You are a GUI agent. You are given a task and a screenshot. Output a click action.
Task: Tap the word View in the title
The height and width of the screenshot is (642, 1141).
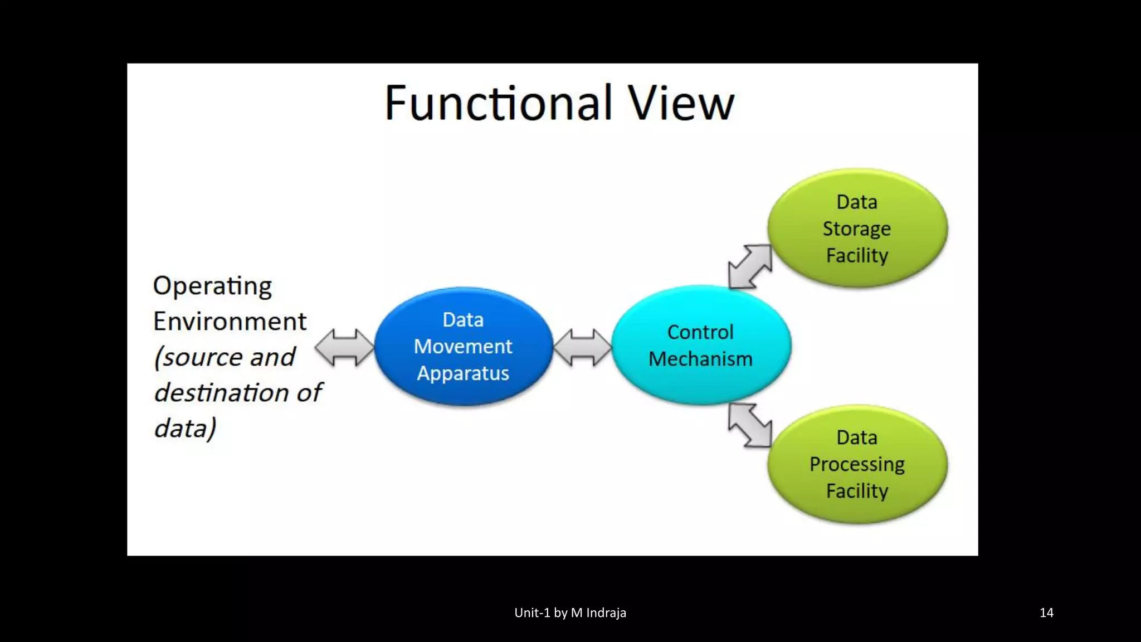click(681, 104)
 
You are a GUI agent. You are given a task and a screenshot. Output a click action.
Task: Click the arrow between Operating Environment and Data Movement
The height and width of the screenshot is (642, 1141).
click(344, 347)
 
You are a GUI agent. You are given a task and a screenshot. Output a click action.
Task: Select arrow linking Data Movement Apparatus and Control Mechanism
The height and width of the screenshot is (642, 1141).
click(583, 347)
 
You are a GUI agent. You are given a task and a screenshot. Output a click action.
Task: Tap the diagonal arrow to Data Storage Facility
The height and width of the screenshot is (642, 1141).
click(750, 266)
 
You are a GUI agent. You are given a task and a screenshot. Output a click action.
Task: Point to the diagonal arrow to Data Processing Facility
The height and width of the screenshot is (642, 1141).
click(750, 425)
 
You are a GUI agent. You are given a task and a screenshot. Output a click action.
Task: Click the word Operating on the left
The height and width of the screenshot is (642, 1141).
click(212, 286)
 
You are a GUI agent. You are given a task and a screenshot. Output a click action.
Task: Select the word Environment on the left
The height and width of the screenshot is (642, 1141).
click(230, 322)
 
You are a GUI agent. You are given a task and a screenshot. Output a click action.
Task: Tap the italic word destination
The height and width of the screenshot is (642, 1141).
click(223, 393)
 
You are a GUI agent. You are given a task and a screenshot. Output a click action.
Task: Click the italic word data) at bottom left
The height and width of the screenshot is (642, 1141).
click(185, 429)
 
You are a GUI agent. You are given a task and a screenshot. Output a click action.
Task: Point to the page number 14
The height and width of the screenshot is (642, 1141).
click(1046, 612)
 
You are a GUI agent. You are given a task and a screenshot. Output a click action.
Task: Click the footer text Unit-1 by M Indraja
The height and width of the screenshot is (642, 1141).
click(570, 612)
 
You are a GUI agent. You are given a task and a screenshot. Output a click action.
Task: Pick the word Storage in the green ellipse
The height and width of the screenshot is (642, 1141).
click(856, 229)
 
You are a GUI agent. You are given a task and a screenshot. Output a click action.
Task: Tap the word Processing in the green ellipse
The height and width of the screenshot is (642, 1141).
click(856, 464)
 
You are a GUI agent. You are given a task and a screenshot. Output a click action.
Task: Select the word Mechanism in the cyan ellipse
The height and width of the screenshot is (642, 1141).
click(700, 359)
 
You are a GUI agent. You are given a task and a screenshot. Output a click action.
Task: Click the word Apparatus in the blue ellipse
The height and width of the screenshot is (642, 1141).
click(463, 373)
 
